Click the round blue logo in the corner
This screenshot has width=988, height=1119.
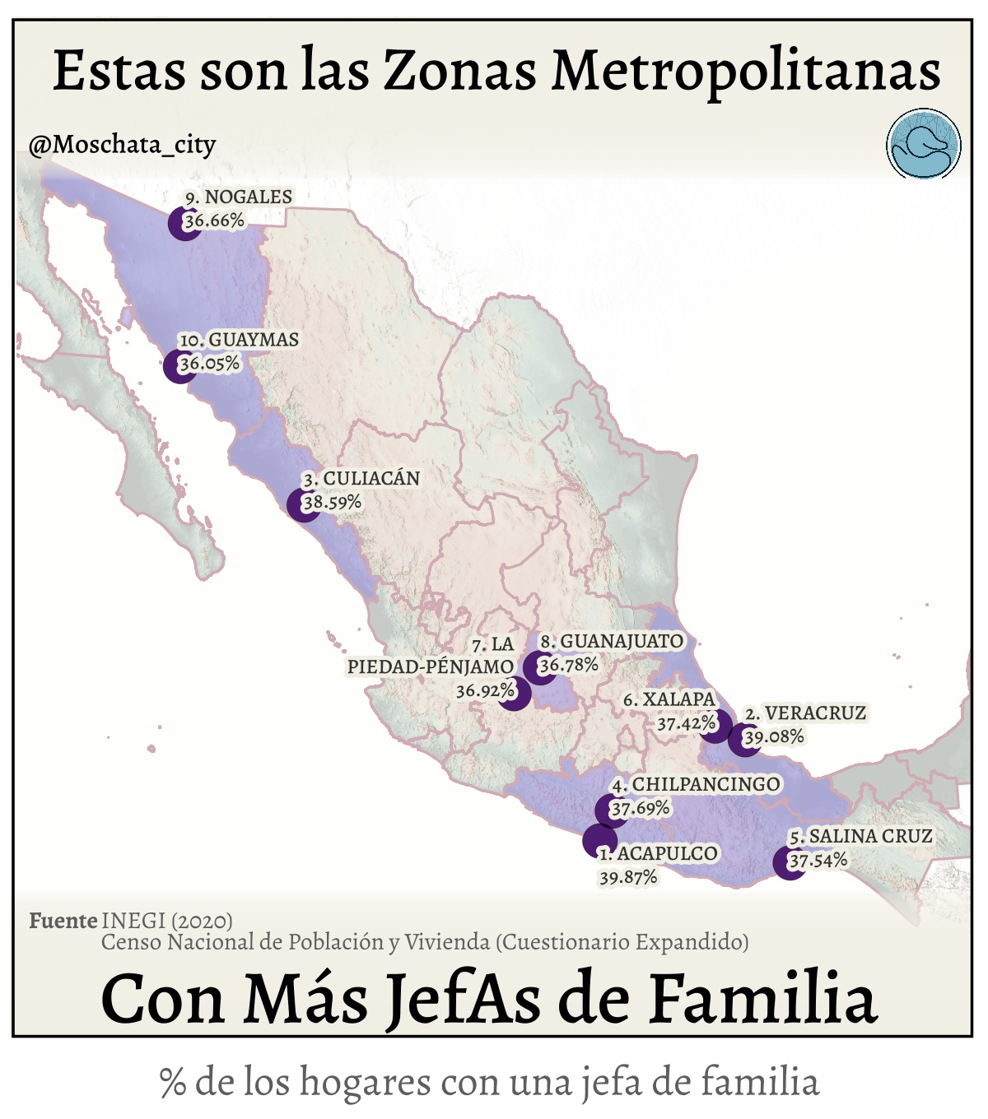[924, 145]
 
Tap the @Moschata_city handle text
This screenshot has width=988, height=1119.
[122, 145]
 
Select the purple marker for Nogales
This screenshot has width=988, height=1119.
[183, 223]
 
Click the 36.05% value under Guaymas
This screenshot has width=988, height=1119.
[210, 364]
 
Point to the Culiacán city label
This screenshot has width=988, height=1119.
[361, 478]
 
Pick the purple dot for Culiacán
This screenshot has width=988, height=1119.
[301, 504]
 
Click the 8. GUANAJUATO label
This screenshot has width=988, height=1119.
[612, 641]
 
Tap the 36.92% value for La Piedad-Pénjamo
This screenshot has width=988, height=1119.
[484, 690]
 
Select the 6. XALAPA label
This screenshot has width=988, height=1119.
[669, 699]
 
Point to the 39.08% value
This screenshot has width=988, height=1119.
[774, 736]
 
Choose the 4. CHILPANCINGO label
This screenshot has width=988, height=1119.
[696, 784]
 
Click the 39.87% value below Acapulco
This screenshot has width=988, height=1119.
[628, 877]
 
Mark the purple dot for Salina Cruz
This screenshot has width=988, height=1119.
[788, 864]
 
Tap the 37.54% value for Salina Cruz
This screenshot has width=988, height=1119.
[818, 861]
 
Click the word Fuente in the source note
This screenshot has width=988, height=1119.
[63, 920]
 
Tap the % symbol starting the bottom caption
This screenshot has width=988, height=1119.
[172, 1083]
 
